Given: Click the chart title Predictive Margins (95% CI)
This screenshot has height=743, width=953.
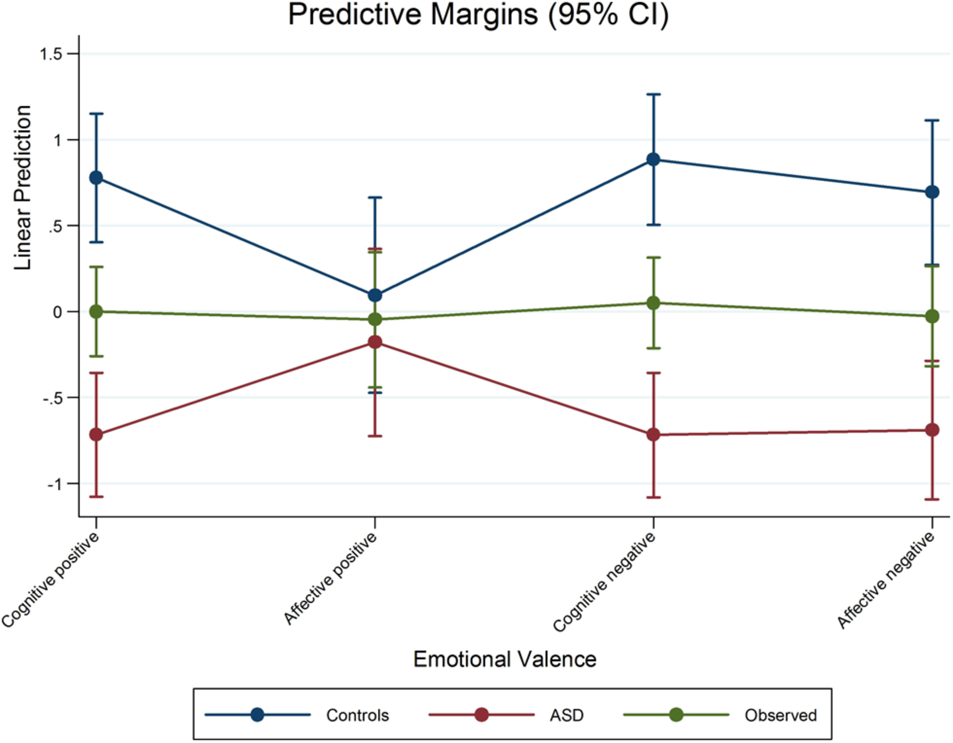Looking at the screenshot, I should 478,15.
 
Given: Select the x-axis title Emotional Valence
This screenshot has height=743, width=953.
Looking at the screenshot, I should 505,659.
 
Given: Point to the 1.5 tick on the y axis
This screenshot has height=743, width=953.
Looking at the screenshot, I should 52,54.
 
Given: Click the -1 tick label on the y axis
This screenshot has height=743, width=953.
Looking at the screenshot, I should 54,484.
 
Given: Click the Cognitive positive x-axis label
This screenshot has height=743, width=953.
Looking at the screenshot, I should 50,580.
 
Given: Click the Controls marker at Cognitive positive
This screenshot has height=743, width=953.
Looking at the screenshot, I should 96,178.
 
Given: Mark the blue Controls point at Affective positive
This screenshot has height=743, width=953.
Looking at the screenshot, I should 375,295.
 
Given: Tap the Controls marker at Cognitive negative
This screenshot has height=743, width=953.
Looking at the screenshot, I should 653,159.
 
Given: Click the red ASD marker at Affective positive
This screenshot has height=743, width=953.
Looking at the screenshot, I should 375,342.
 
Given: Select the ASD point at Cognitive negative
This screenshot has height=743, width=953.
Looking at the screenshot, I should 653,435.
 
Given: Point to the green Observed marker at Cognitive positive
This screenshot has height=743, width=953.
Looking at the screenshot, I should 96,312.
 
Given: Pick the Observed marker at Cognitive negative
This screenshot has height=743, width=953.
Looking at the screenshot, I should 653,303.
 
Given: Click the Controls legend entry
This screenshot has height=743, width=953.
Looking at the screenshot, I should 357,715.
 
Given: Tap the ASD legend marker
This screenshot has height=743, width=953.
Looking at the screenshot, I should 481,715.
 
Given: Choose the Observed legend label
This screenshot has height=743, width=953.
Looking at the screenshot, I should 780,715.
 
